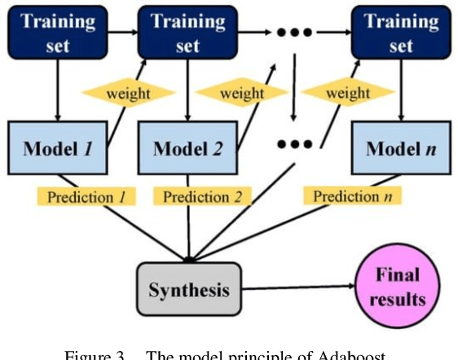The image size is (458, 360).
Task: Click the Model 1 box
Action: point(56,148)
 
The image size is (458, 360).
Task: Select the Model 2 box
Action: point(188,148)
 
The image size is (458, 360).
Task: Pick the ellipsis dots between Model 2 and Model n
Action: point(294,144)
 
